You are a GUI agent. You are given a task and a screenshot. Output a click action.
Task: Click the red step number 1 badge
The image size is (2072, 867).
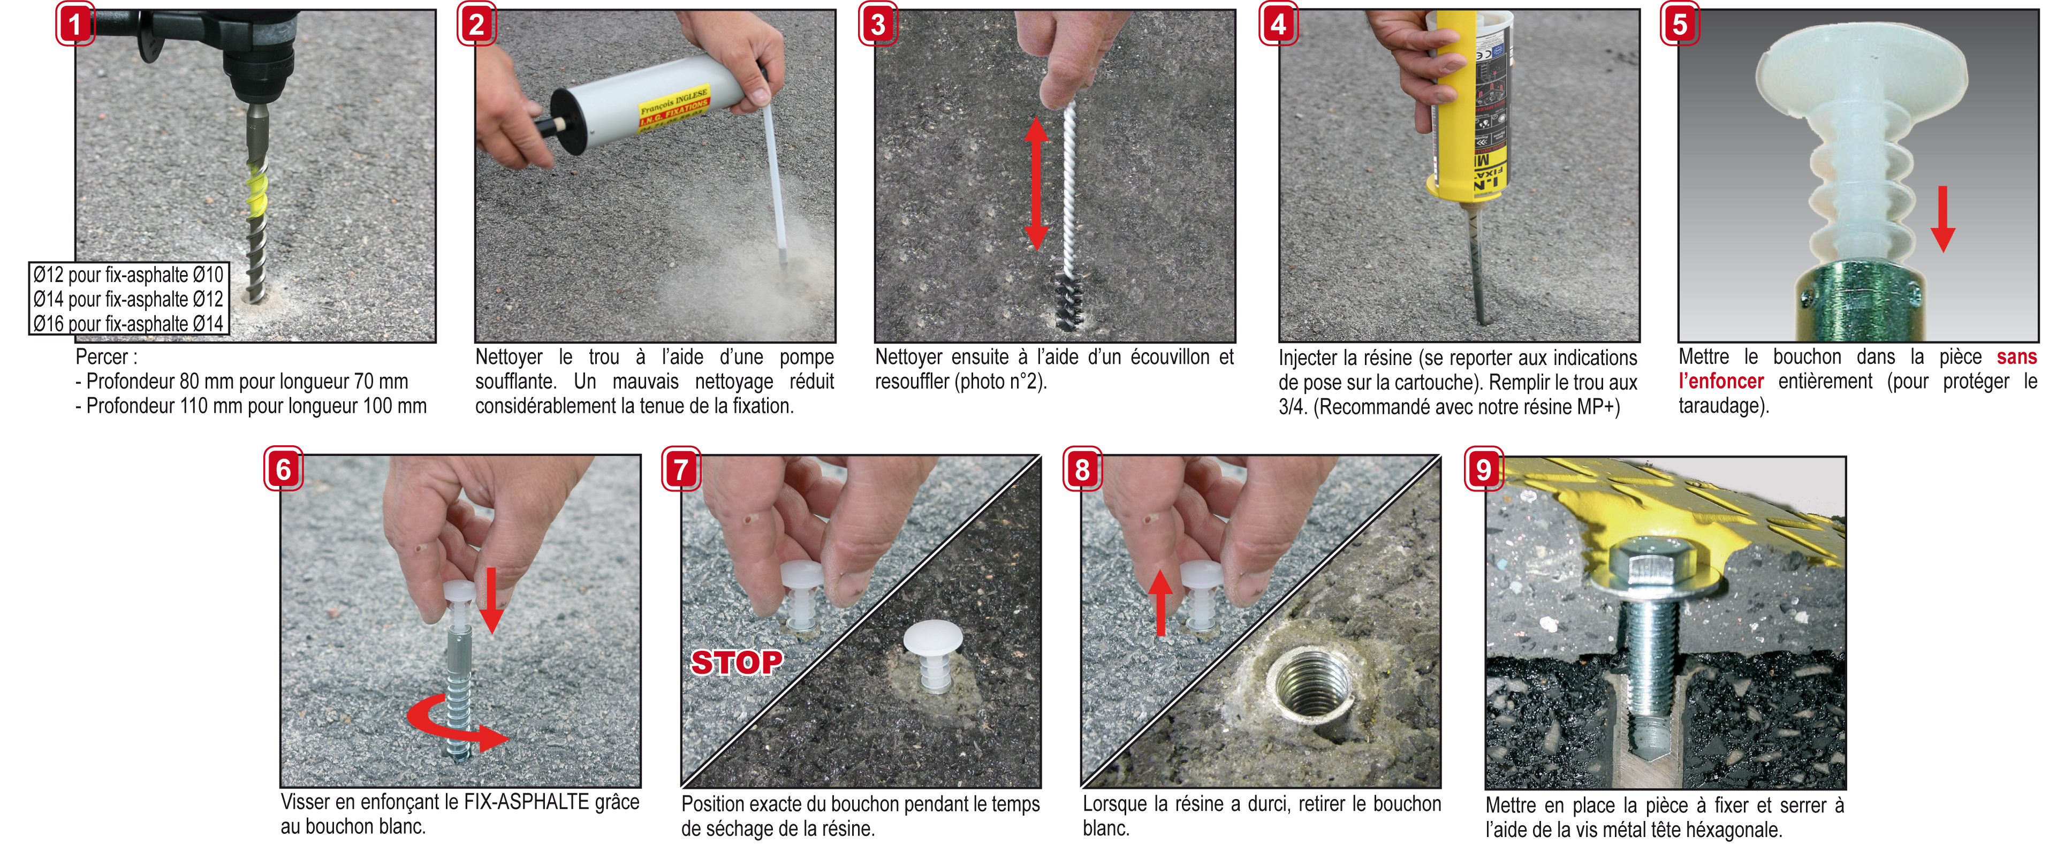tap(75, 24)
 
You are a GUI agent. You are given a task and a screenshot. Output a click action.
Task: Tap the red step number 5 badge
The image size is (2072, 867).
tap(1680, 24)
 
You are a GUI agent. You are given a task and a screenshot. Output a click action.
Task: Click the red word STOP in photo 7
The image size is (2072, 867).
tap(737, 662)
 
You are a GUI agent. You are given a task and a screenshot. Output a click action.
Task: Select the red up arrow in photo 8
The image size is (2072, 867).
tap(1160, 603)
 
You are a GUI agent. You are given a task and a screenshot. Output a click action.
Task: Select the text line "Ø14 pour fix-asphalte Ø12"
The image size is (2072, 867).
tap(128, 299)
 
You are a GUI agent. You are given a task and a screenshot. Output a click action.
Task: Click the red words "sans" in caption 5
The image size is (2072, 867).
tap(2016, 356)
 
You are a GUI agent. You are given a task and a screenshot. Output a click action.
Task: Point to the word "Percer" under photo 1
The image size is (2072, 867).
tap(102, 357)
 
